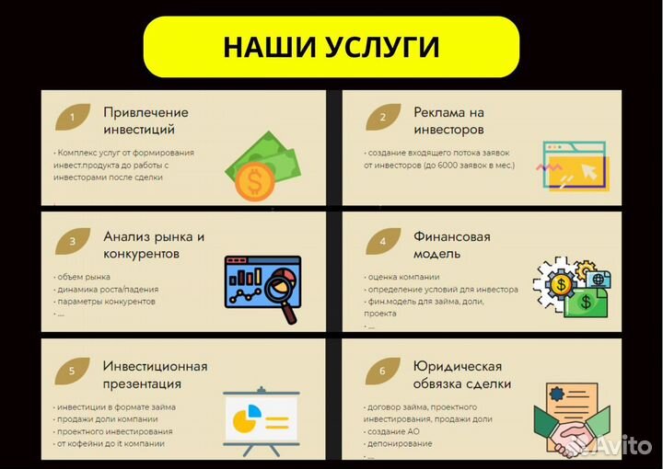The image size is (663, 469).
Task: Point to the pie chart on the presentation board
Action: (244, 420)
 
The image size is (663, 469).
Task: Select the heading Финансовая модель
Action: (452, 245)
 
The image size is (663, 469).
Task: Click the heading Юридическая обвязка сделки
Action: (462, 374)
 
